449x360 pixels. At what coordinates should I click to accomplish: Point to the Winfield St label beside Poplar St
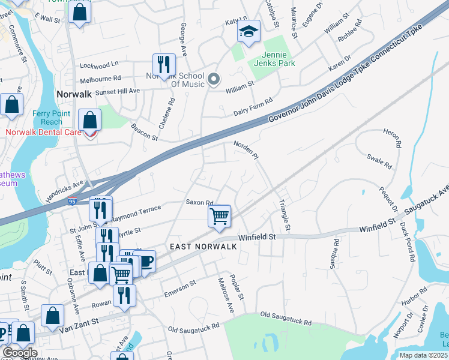256,237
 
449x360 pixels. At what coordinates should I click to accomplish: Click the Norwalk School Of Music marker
214,79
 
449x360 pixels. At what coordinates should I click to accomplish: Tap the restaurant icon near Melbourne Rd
163,64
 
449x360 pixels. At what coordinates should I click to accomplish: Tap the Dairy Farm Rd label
253,107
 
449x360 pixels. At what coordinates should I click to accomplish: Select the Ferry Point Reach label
47,118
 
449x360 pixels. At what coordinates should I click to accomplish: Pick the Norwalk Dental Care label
41,131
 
